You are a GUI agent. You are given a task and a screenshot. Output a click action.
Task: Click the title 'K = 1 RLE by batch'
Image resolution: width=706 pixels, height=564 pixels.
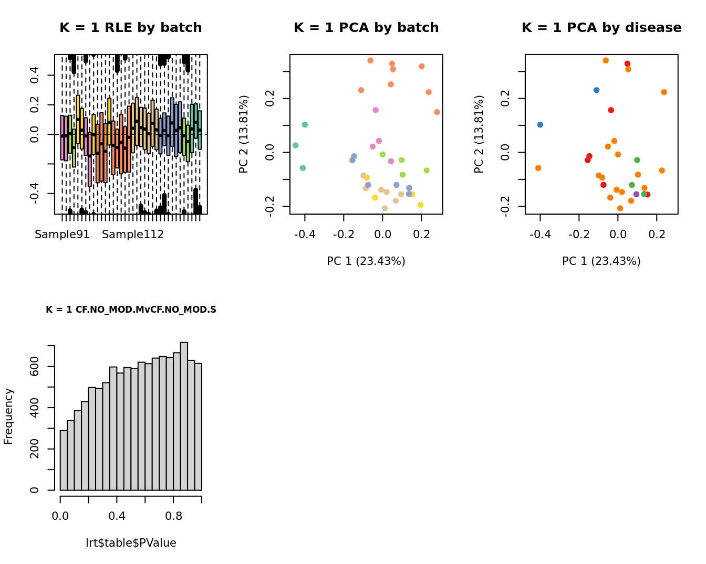[130, 28]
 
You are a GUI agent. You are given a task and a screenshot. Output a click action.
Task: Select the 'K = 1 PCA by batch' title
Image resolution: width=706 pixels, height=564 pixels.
[366, 28]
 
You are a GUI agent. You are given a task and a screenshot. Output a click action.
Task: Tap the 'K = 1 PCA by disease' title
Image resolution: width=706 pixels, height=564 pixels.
[601, 28]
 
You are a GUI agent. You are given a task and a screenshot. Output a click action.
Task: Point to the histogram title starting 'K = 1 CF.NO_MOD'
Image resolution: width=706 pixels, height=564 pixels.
[131, 310]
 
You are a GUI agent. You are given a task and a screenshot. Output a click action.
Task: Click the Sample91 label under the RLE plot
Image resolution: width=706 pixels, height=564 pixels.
[62, 235]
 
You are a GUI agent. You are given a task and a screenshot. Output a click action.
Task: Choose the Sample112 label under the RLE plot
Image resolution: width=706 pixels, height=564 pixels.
[133, 235]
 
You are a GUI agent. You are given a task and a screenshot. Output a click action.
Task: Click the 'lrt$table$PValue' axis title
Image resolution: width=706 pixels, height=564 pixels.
[131, 543]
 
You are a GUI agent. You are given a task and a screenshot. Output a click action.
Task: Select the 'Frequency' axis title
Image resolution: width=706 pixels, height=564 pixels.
[8, 416]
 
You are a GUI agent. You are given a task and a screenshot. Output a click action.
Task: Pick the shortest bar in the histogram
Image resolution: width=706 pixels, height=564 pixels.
[64, 460]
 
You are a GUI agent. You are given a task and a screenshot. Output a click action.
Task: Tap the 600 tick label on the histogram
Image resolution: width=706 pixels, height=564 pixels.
[35, 366]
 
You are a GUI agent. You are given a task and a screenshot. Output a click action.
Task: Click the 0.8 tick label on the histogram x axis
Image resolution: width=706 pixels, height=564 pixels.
[174, 516]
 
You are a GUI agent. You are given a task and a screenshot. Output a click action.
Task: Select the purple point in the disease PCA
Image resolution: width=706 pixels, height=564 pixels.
[636, 194]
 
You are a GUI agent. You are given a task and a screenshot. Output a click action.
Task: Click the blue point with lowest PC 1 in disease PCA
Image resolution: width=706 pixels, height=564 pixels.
[540, 125]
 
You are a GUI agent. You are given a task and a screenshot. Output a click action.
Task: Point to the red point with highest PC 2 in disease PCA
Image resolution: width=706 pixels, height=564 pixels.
[627, 64]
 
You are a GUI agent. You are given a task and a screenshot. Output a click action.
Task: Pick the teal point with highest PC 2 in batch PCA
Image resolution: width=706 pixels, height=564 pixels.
[305, 125]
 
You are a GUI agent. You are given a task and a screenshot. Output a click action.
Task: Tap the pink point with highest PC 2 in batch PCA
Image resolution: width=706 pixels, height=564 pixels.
[376, 110]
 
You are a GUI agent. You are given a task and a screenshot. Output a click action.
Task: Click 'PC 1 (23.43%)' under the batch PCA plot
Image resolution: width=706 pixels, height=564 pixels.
[366, 261]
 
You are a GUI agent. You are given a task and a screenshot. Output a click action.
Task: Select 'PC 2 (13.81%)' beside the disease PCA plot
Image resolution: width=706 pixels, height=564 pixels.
[479, 134]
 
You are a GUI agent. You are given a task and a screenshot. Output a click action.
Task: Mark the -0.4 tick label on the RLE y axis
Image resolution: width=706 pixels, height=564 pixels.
[35, 193]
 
